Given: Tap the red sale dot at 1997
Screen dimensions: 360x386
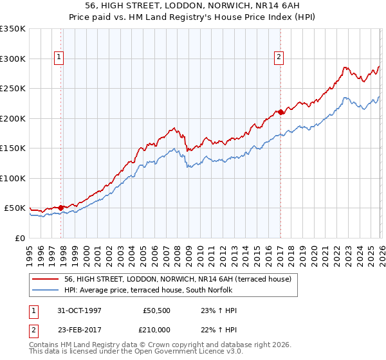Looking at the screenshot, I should coord(61,208).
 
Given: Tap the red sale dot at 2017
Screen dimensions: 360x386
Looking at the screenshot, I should coord(281,113).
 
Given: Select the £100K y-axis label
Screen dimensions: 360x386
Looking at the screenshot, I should coord(13,178).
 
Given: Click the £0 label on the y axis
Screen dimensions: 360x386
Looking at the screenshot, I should coord(19,238).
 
